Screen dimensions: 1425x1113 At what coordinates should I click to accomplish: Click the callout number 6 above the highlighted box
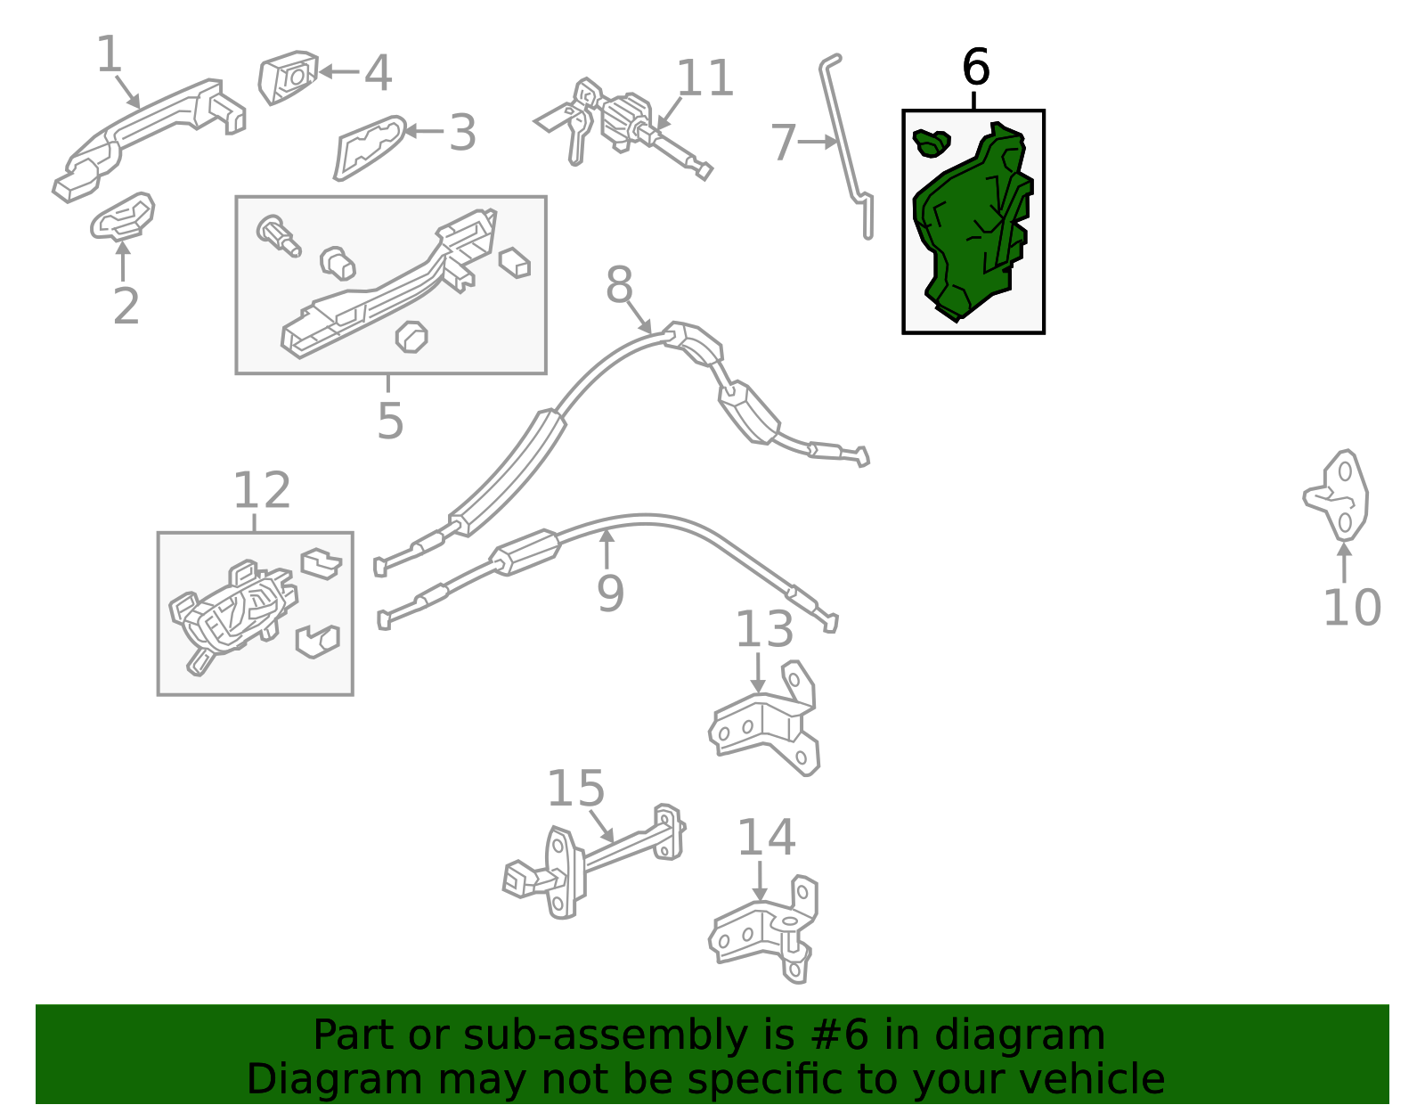975,67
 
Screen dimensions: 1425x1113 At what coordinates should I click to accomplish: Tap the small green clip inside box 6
932,143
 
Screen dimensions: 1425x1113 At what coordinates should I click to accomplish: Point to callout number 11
704,78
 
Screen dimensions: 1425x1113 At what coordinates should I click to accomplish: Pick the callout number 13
765,629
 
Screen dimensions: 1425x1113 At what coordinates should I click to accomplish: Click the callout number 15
575,789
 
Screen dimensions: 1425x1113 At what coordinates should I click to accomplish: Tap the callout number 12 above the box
262,490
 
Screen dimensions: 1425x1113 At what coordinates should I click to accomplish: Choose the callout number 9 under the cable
610,593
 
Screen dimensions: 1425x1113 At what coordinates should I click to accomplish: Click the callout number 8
619,284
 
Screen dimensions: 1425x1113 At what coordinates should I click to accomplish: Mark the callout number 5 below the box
390,421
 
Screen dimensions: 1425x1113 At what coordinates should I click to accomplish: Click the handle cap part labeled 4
289,78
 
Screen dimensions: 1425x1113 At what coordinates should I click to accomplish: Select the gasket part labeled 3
370,148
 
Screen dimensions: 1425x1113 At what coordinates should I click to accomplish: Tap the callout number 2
126,306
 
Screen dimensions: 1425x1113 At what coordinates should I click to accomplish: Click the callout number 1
109,53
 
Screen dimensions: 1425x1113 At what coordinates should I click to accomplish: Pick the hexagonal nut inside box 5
411,337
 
